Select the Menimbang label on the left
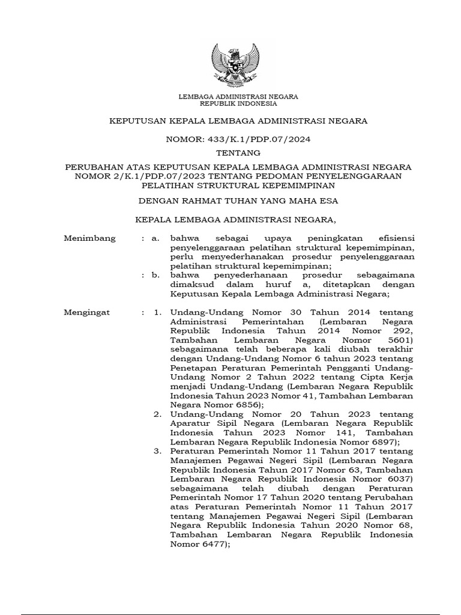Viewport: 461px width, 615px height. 89,238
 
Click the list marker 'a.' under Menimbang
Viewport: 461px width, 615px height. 155,238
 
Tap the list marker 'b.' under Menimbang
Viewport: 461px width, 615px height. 155,276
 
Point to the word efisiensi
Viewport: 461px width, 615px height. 391,238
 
